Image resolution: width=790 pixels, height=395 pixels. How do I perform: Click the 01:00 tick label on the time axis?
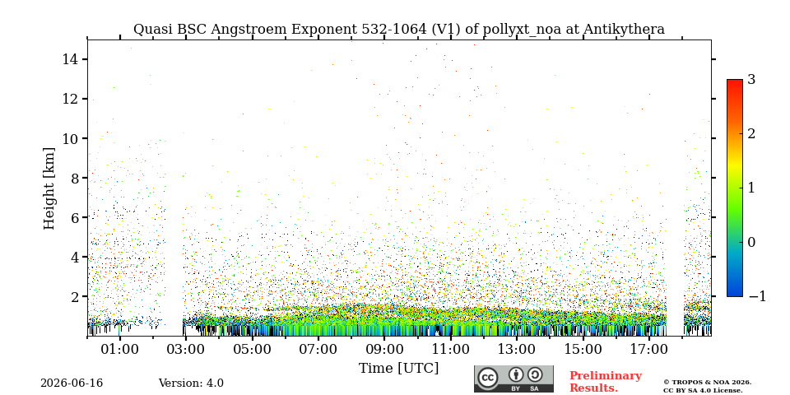click(x=120, y=350)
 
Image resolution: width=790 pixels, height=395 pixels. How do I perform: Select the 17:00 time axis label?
click(x=648, y=350)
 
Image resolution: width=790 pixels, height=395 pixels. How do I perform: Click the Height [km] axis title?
click(x=49, y=188)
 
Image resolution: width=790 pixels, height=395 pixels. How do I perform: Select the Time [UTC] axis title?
click(x=398, y=369)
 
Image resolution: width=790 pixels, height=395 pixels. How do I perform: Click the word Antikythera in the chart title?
click(x=625, y=30)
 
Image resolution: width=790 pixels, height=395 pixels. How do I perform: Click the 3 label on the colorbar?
click(x=752, y=80)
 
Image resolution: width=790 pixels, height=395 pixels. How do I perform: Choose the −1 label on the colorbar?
click(x=757, y=296)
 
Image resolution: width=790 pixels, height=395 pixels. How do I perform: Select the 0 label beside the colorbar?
click(x=752, y=242)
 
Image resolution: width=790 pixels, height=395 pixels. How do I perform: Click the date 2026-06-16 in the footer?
click(x=72, y=383)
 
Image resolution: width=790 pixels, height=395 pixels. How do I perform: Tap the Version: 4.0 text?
click(x=191, y=383)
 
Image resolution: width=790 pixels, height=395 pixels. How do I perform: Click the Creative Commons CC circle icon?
click(x=488, y=379)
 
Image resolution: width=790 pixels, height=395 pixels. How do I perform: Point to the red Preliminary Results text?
click(x=606, y=382)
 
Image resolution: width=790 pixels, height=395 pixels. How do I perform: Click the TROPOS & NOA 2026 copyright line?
click(x=707, y=383)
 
